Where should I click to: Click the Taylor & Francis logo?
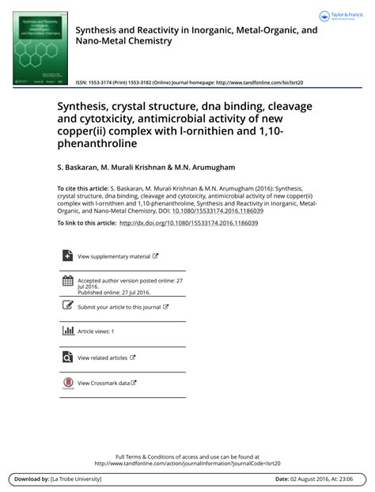(342, 16)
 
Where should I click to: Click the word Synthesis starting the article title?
(84, 105)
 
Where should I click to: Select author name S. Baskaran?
(79, 168)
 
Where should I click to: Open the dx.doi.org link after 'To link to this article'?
(188, 223)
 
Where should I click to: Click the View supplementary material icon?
(67, 255)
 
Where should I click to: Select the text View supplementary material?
(114, 256)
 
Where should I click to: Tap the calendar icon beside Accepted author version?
(67, 281)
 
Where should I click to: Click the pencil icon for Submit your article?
(67, 305)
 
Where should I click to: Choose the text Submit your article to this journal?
(119, 307)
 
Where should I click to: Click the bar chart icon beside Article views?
(67, 331)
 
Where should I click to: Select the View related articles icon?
(67, 357)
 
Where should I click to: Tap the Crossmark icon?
(67, 383)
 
